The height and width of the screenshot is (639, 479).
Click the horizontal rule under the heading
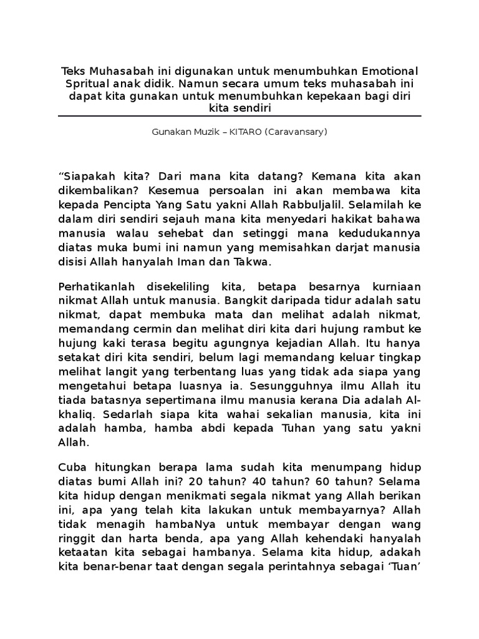tap(239, 116)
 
